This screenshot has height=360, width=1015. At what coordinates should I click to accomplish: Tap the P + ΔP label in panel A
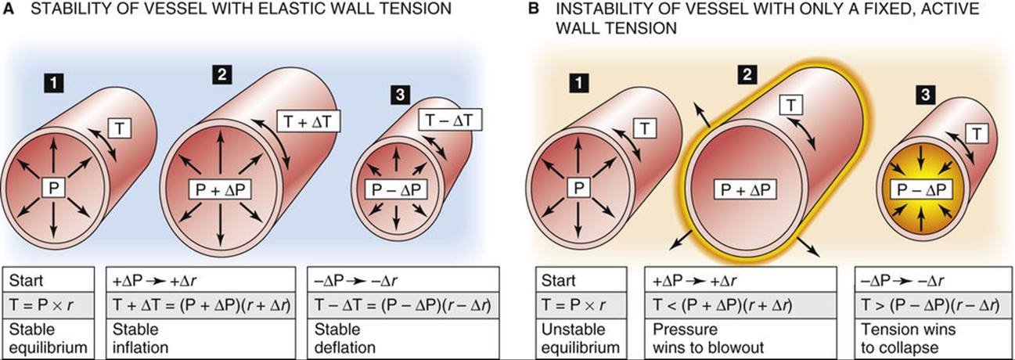pos(220,189)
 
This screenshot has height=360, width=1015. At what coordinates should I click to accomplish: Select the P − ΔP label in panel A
pos(397,189)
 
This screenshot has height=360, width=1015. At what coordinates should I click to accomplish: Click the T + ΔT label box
pos(308,121)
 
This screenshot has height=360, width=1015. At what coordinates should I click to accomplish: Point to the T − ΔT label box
pos(449,121)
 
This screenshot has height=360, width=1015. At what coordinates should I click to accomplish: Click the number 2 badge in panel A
pos(221,74)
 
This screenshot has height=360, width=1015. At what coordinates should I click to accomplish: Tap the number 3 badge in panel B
pos(926,95)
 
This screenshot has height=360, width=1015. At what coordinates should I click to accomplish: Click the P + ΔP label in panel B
pos(745,189)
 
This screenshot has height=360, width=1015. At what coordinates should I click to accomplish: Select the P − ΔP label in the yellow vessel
pos(922,189)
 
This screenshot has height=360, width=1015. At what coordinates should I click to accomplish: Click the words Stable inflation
pos(140,338)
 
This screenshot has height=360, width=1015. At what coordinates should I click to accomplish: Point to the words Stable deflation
pos(345,338)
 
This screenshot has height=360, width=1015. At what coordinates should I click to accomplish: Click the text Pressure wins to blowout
pos(708,338)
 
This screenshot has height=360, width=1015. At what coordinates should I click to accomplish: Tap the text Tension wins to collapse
pos(908,338)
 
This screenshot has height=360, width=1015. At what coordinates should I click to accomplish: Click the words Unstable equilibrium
pos(581,338)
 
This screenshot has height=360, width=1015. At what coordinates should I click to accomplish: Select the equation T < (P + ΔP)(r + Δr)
pos(722,305)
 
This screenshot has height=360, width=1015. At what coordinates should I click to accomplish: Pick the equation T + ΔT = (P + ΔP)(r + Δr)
pos(201,305)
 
